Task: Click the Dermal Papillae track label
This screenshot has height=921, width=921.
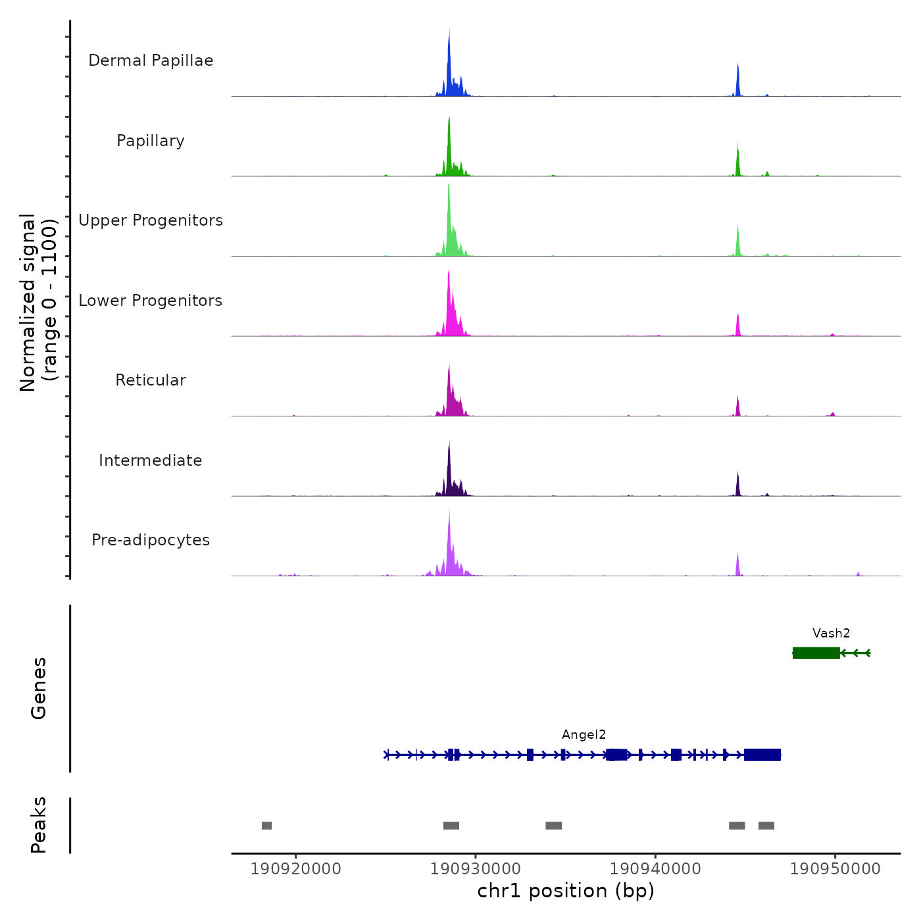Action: pyautogui.click(x=151, y=61)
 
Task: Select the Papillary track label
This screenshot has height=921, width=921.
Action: pyautogui.click(x=151, y=141)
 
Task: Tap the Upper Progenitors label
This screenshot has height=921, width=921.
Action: pyautogui.click(x=151, y=220)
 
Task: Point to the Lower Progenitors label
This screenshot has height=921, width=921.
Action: pyautogui.click(x=151, y=301)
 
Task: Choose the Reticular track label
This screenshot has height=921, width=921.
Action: pyautogui.click(x=151, y=380)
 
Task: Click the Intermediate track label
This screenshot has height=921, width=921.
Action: pyautogui.click(x=151, y=460)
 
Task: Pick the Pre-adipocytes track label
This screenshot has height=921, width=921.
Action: pyautogui.click(x=151, y=540)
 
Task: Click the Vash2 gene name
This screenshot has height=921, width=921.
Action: pyautogui.click(x=831, y=634)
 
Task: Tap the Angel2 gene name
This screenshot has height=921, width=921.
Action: pyautogui.click(x=584, y=735)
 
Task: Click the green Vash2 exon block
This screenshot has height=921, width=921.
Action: pyautogui.click(x=816, y=653)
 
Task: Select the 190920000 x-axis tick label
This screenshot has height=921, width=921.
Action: pyautogui.click(x=296, y=869)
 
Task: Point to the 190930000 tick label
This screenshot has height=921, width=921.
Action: pyautogui.click(x=476, y=869)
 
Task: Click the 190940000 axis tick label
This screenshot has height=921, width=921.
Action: pyautogui.click(x=655, y=869)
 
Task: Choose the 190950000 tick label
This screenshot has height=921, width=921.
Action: pyautogui.click(x=835, y=869)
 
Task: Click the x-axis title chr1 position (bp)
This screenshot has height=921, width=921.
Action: pyautogui.click(x=566, y=891)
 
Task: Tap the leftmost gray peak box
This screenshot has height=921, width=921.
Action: pyautogui.click(x=266, y=826)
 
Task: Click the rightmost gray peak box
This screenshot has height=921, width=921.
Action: pyautogui.click(x=766, y=826)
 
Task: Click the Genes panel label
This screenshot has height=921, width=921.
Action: pyautogui.click(x=39, y=688)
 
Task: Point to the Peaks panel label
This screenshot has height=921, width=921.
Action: pyautogui.click(x=39, y=825)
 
